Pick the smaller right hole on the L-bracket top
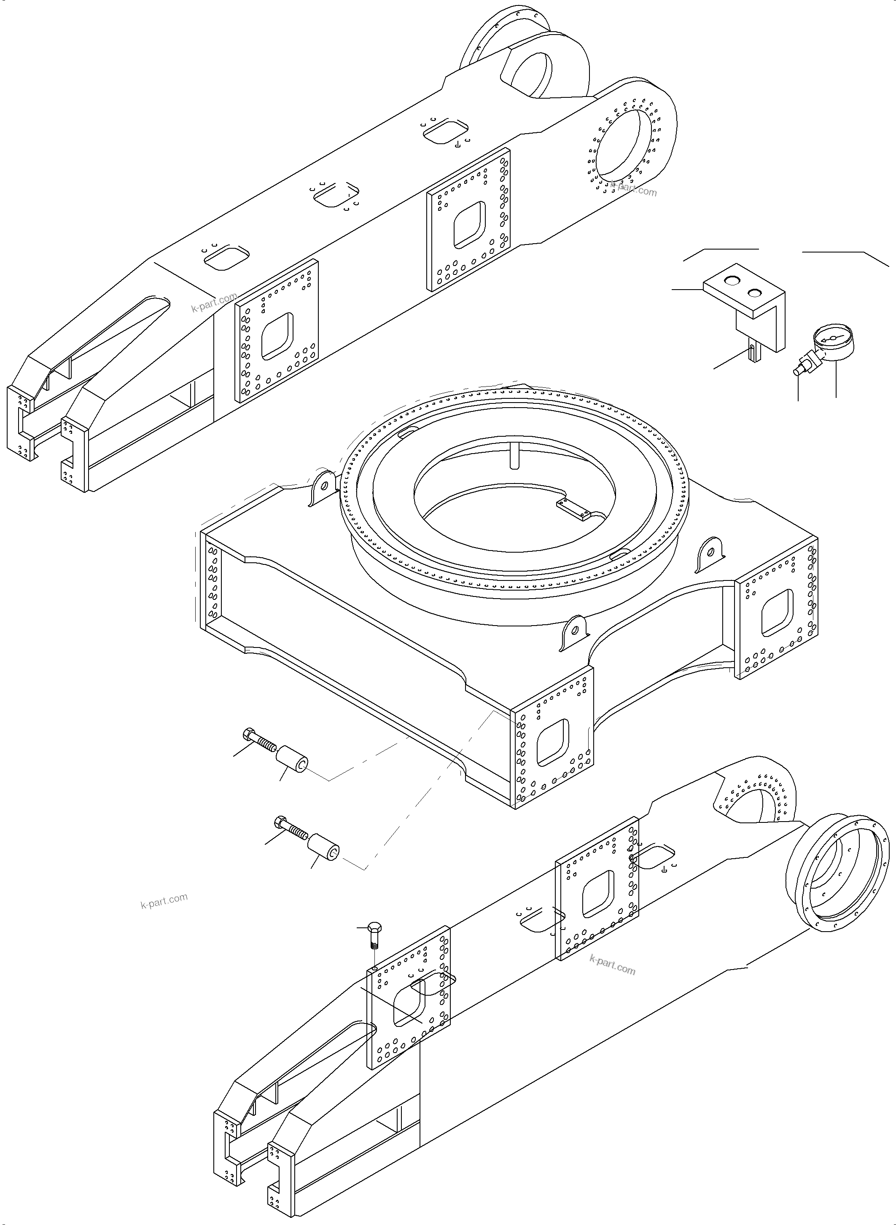[754, 293]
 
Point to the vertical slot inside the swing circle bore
[513, 454]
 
